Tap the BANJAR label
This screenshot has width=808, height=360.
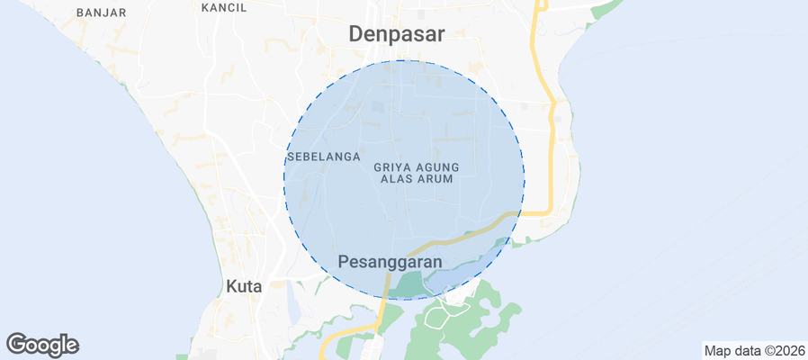[x=102, y=13]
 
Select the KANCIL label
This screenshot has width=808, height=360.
[x=224, y=7]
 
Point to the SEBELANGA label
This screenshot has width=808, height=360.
[x=324, y=157]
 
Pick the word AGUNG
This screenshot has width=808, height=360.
[x=439, y=166]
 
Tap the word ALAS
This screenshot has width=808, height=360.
[x=397, y=179]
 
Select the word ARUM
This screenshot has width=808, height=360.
[x=434, y=179]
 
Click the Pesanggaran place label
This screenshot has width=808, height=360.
[x=391, y=262]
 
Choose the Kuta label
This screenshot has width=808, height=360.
[x=243, y=286]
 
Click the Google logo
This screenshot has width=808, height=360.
[x=42, y=345]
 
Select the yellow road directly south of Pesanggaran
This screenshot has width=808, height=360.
[x=382, y=310]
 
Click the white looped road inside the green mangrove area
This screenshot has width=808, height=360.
[x=441, y=313]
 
